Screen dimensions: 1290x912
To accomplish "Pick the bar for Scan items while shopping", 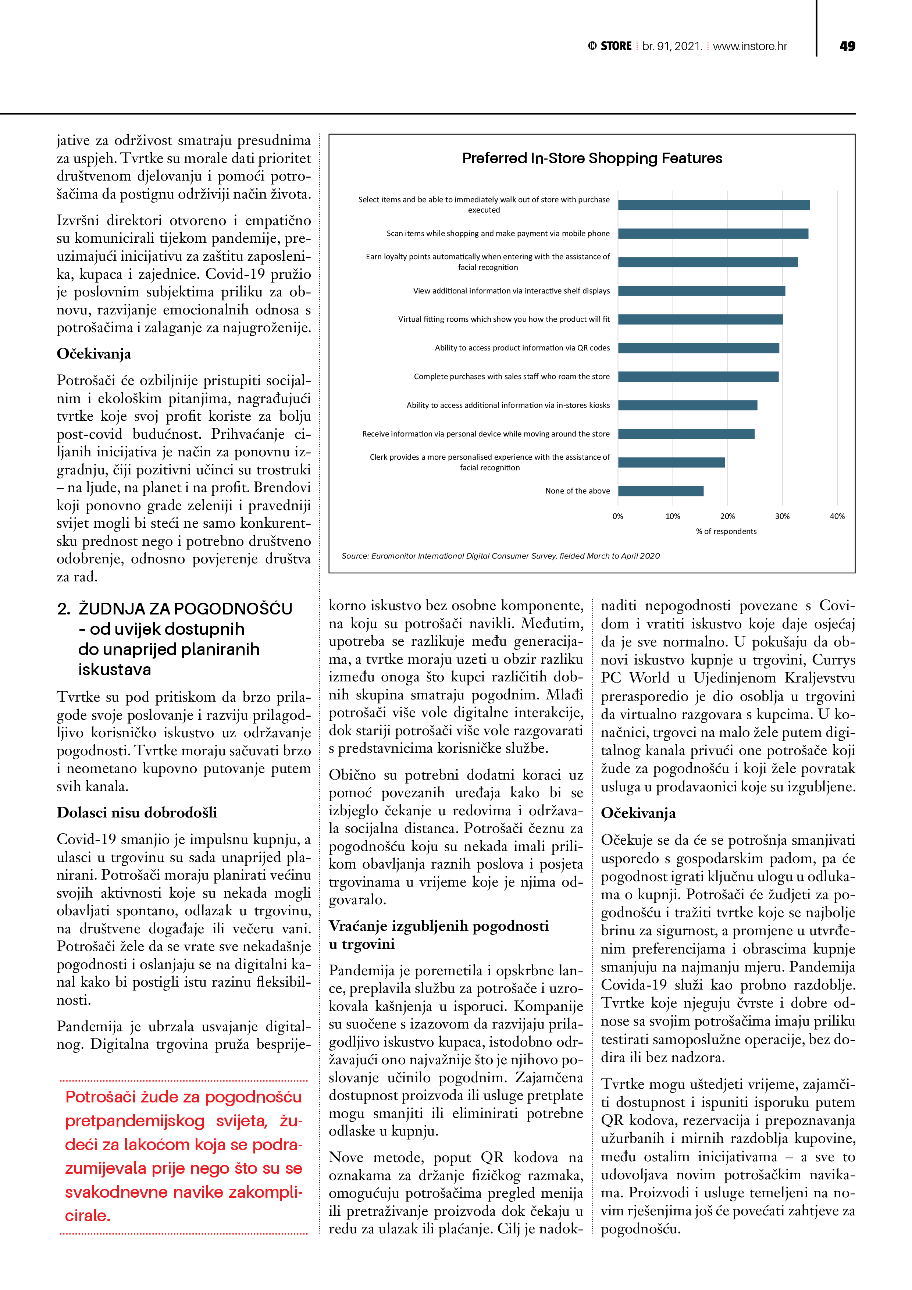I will (713, 234).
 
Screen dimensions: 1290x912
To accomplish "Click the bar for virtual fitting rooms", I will (700, 320).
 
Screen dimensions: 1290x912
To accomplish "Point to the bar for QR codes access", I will (698, 348).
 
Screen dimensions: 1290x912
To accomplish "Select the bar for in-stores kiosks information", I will (687, 406).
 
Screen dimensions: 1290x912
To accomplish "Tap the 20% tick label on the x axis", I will (727, 516).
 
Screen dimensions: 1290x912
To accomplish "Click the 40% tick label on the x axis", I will (837, 516).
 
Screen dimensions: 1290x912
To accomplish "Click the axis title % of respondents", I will (726, 531).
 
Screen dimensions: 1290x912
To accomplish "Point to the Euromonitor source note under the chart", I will (500, 556).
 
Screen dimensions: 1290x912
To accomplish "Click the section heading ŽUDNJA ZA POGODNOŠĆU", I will (185, 609).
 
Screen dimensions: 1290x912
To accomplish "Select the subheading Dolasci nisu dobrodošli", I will (136, 813).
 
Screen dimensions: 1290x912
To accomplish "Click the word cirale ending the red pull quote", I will (88, 1216).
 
